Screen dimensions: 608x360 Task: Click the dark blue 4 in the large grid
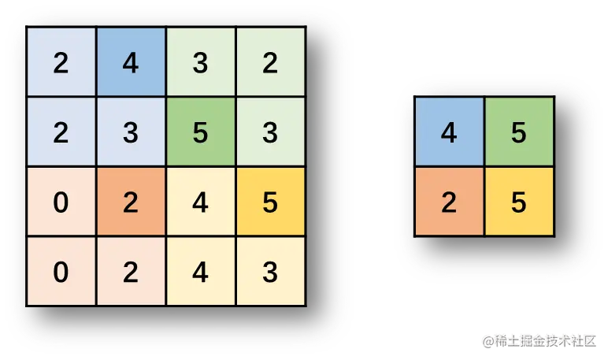pos(131,63)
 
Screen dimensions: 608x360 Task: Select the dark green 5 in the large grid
pos(200,132)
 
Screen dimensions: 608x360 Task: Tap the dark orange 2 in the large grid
pos(131,202)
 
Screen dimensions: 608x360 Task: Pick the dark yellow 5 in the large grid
pos(270,202)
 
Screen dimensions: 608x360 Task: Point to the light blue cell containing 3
pos(131,132)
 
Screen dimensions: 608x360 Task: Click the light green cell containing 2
pos(270,63)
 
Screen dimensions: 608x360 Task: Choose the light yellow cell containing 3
pos(270,271)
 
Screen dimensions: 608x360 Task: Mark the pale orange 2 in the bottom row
pos(131,271)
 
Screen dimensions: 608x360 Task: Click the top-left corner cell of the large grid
pos(61,63)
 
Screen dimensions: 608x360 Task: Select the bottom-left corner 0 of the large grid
pos(61,271)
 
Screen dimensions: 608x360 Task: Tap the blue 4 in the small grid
pos(449,132)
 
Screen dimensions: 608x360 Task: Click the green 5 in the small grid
pos(518,132)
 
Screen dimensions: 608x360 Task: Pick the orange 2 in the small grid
pos(449,202)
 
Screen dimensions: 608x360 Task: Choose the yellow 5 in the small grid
pos(518,202)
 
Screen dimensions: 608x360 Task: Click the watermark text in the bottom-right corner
pos(539,340)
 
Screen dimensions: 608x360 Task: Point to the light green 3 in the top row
pos(200,63)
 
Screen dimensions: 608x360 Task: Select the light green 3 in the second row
pos(270,132)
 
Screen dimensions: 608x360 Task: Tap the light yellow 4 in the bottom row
pos(200,271)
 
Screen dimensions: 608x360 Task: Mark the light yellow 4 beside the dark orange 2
pos(200,202)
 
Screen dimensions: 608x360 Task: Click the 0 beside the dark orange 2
pos(61,202)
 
